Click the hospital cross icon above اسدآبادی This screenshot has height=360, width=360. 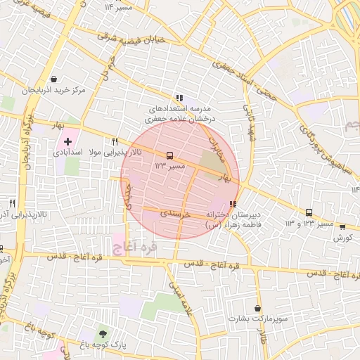pos(67,142)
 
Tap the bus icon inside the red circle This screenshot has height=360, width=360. pos(169,155)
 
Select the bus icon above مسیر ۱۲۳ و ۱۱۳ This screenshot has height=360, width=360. pos(309,213)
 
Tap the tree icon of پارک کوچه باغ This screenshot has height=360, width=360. pos(103,334)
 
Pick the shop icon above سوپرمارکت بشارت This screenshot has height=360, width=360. pos(258,308)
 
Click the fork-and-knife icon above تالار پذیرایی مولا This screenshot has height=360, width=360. pos(138,141)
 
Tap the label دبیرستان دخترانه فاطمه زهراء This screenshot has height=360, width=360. pos(232,219)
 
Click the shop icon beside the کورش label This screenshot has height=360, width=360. pos(342,227)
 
